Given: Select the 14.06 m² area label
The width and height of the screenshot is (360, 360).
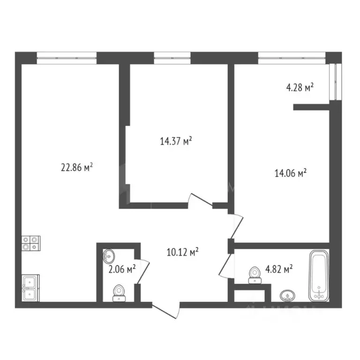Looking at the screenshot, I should pos(290,173).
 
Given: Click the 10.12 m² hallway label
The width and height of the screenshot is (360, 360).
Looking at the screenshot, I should pos(183,253).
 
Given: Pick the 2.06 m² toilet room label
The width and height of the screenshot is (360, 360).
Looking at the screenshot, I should pos(122,269).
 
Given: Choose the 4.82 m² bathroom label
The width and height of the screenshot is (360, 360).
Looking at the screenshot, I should pos(279,269).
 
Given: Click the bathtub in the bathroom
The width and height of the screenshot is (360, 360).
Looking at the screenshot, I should pos(319,277).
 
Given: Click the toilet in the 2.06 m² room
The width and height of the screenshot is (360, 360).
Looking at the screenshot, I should pos(119,292).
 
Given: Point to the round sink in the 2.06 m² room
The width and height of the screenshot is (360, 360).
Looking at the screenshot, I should pos(109,256).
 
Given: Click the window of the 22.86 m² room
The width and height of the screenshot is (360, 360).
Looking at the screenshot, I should pos(66,58).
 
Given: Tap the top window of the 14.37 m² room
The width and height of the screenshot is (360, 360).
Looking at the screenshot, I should pos(172,58).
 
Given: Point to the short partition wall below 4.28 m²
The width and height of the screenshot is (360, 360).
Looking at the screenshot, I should pos(311,107).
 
